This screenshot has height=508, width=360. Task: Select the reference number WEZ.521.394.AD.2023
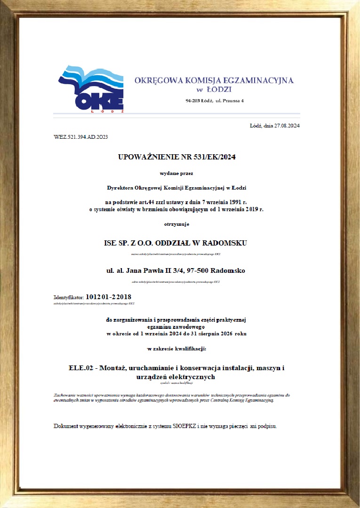click(81, 137)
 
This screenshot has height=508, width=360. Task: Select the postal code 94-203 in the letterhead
click(194, 101)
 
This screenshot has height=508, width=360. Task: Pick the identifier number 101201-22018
click(109, 297)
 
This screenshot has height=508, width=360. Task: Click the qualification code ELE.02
click(80, 367)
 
